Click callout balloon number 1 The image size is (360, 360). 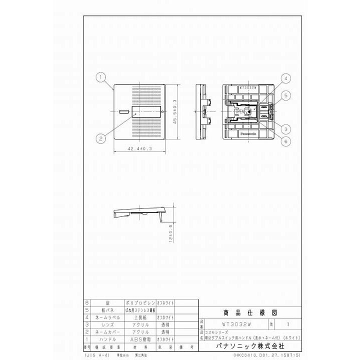[x=101, y=77]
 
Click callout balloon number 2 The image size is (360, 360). [x=101, y=138]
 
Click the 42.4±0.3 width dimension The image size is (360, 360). [x=136, y=148]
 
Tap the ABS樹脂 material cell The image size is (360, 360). [x=138, y=338]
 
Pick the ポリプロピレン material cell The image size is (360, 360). [x=138, y=303]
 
